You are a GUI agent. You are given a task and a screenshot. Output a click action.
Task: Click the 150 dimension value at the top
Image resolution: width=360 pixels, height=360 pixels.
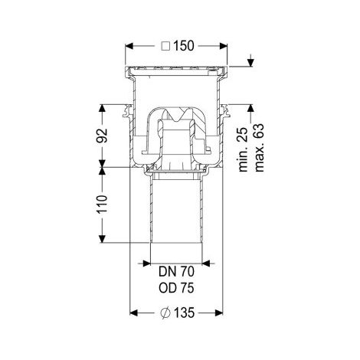[184, 46]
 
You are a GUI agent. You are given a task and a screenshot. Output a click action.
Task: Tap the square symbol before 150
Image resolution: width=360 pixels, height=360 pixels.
[166, 46]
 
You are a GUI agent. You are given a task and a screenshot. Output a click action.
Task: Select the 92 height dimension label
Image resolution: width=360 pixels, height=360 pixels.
[102, 136]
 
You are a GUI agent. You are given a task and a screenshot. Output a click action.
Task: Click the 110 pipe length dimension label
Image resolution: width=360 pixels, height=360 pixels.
[102, 205]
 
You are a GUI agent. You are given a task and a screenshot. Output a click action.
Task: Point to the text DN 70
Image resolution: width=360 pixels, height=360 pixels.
[176, 271]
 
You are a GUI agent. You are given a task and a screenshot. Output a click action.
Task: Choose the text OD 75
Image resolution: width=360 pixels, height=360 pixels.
[176, 288]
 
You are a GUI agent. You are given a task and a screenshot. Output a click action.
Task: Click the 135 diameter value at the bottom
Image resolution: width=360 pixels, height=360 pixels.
[185, 313]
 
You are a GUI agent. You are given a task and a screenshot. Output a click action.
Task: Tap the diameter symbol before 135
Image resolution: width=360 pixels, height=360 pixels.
[165, 313]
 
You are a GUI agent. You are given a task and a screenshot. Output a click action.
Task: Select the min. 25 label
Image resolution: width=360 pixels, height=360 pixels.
[244, 149]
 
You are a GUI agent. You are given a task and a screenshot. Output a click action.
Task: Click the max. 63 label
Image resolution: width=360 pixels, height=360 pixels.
[259, 148]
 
